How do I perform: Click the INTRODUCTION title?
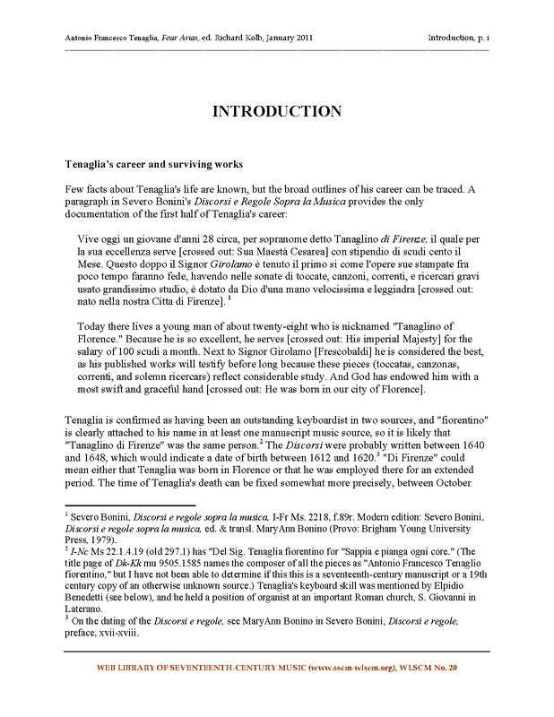[276, 111]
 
